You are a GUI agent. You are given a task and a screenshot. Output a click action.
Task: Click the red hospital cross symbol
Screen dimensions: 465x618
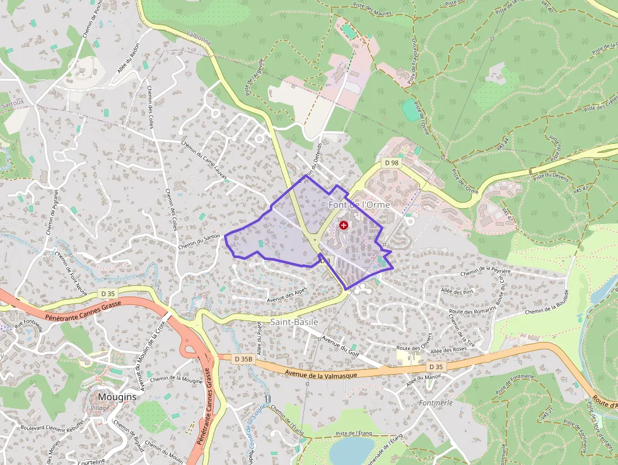343,225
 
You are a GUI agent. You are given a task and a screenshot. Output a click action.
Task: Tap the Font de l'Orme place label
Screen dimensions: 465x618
359,206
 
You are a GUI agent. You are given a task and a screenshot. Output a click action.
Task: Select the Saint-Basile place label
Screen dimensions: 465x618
294,322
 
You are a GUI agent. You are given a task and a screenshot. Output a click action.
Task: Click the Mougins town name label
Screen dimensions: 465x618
117,397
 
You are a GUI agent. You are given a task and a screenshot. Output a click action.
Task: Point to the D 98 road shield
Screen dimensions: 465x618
392,163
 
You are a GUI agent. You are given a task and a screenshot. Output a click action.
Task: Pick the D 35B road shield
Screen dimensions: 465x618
243,359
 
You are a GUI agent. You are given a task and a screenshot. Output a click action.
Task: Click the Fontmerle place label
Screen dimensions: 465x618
436,402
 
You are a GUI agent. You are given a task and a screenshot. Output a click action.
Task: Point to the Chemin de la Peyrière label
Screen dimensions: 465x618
486,272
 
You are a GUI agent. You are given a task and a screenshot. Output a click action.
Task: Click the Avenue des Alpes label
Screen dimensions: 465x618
287,295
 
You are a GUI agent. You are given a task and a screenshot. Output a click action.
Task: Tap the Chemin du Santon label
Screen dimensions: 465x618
199,242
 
